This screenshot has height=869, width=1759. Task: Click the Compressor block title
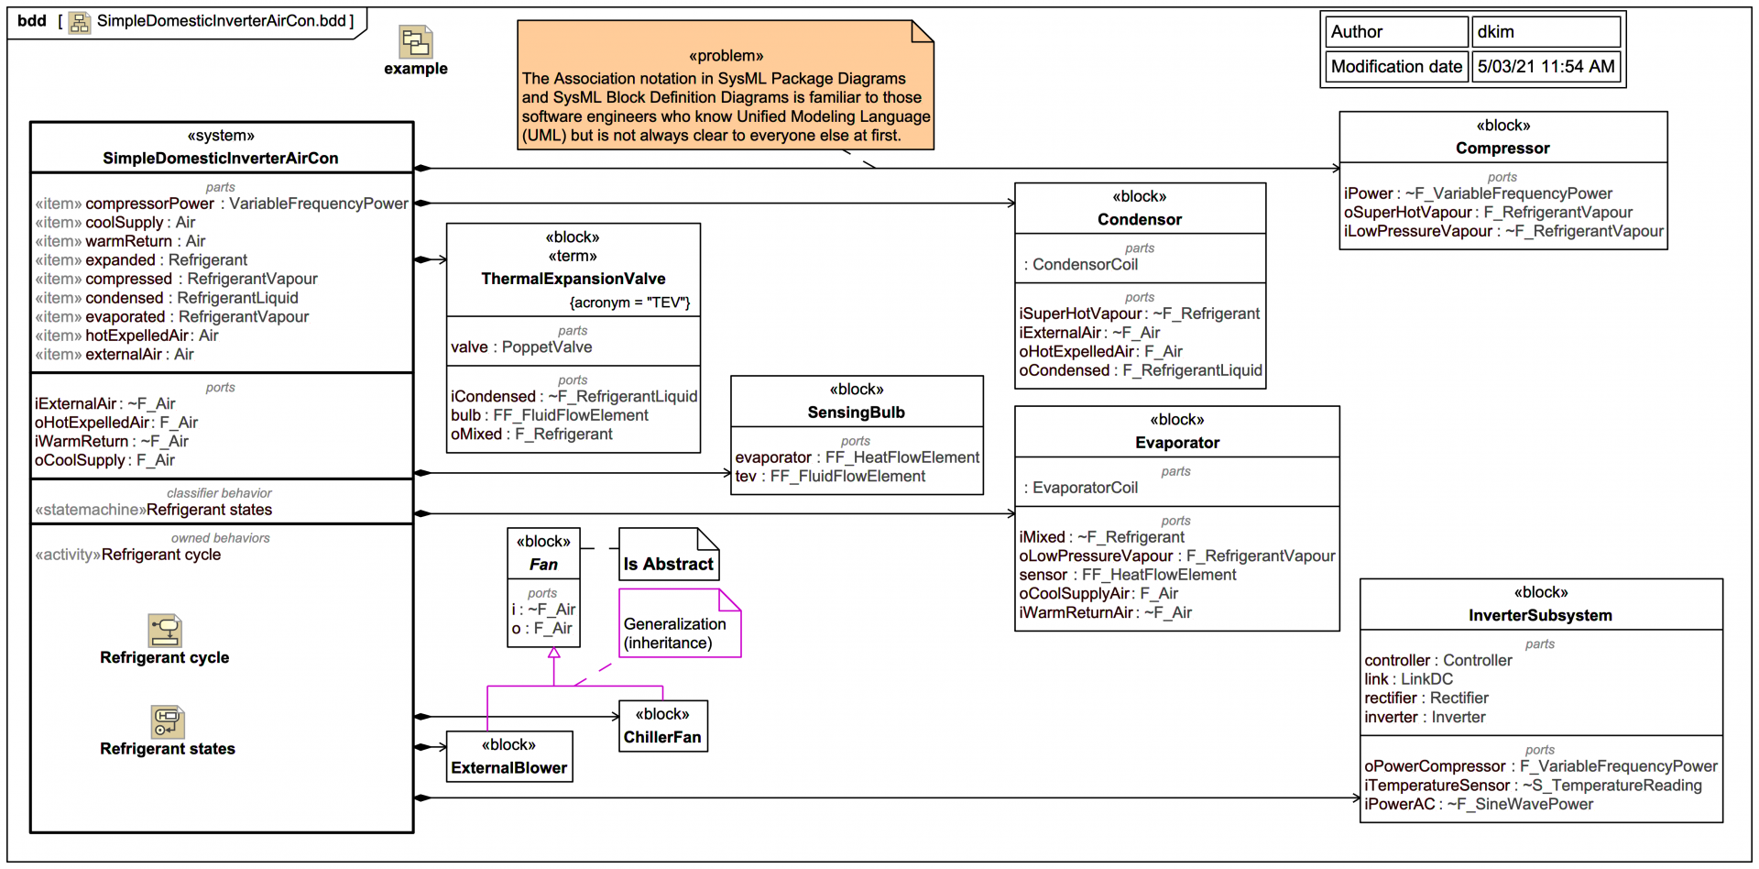(x=1502, y=148)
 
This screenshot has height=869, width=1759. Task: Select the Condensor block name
(x=1140, y=220)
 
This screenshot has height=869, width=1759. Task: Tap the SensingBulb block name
(x=856, y=412)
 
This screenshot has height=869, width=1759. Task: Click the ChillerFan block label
(x=662, y=737)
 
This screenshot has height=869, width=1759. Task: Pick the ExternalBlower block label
(x=508, y=768)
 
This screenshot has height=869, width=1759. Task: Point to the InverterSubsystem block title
(x=1540, y=616)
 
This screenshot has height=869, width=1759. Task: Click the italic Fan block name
(x=543, y=565)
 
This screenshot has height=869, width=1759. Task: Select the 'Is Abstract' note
(x=668, y=564)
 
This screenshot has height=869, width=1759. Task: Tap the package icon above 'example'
(x=416, y=42)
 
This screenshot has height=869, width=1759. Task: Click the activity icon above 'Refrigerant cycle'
(x=166, y=631)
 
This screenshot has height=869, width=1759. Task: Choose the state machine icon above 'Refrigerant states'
(x=167, y=721)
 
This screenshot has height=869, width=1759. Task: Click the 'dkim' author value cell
(x=1546, y=32)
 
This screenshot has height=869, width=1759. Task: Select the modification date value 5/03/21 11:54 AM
(x=1546, y=67)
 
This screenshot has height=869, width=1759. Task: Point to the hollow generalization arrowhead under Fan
(x=554, y=654)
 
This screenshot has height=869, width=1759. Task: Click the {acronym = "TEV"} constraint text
(x=629, y=302)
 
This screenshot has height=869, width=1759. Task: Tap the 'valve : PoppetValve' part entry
(x=521, y=347)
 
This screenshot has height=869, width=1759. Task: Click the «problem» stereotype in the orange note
(x=726, y=56)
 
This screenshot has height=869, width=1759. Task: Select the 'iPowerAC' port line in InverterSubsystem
(x=1478, y=805)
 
